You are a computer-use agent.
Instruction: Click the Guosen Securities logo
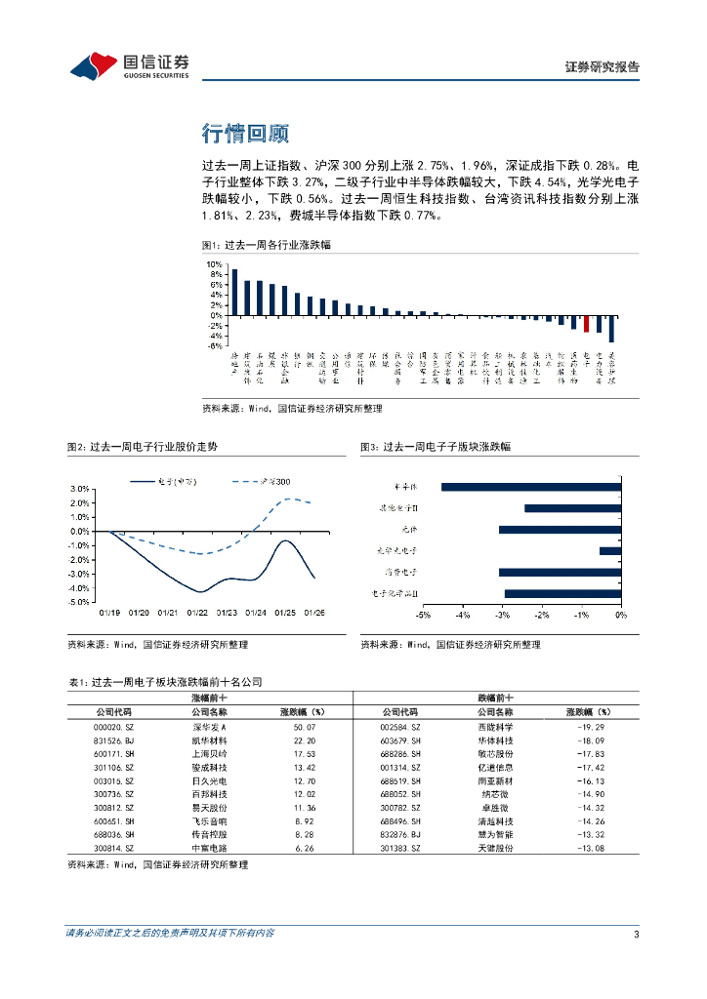tap(130, 66)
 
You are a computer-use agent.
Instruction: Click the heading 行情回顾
tap(245, 133)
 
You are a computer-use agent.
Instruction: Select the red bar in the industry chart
tap(586, 324)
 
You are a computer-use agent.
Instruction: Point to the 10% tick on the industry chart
tap(214, 264)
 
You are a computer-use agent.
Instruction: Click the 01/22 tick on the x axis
tap(197, 613)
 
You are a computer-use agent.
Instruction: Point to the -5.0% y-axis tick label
tap(80, 602)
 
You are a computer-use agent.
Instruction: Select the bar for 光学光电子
tap(609, 551)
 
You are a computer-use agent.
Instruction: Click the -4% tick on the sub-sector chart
tap(462, 617)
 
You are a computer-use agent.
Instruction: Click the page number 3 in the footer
tap(636, 934)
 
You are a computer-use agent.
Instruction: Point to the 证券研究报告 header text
tap(603, 67)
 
